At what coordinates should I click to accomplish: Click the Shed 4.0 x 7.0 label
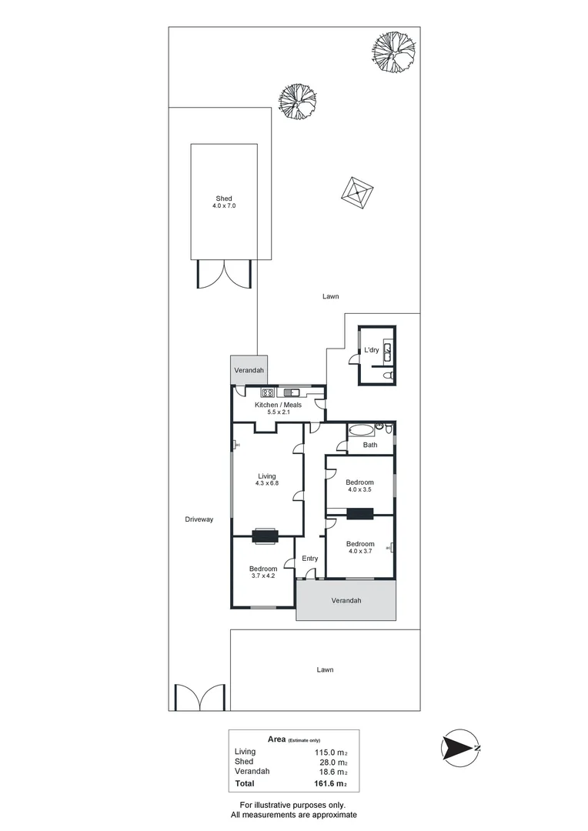point(223,202)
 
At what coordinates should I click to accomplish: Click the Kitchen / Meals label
point(278,408)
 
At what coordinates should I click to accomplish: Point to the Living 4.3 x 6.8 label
point(266,480)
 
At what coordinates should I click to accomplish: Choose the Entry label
point(310,559)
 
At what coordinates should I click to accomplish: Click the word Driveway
point(199,519)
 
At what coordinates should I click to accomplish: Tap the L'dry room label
point(371,351)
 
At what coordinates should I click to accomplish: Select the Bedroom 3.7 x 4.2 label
point(263,572)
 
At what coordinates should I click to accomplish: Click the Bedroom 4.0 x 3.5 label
point(360,486)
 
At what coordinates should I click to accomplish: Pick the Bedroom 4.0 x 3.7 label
point(360,546)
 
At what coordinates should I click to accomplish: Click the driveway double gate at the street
point(199,698)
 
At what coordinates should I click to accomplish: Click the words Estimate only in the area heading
point(306,739)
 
